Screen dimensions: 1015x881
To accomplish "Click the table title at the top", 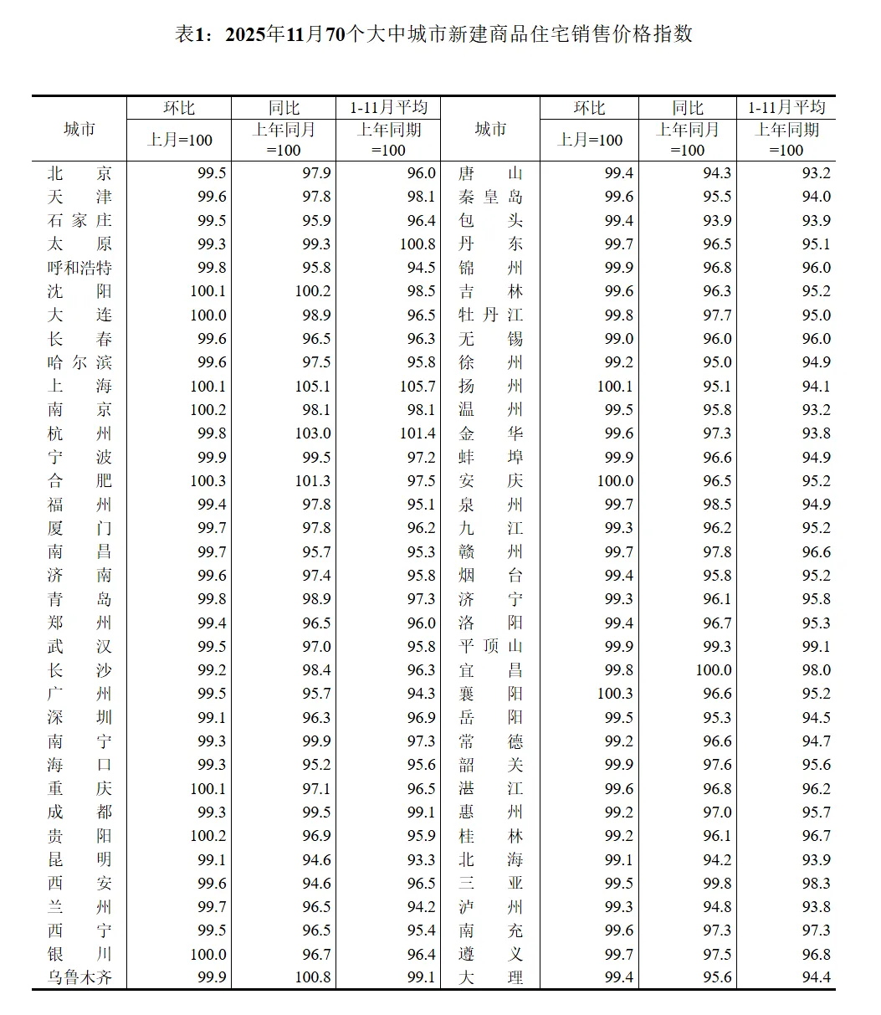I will pos(433,34).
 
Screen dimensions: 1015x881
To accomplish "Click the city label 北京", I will pos(79,173).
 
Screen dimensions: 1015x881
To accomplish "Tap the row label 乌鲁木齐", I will pos(79,977).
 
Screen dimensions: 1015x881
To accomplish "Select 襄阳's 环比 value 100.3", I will pos(615,694).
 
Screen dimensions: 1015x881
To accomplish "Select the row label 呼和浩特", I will pos(79,268).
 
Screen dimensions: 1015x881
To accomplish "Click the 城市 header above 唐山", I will pos(490,129).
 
